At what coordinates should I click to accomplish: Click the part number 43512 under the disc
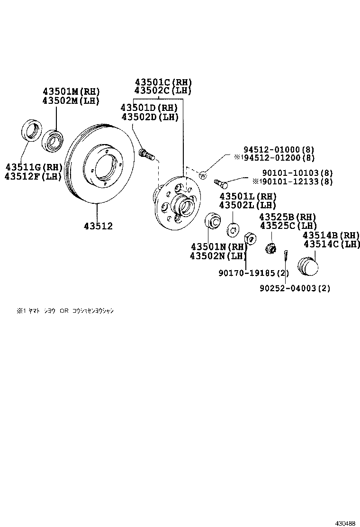[x=99, y=227]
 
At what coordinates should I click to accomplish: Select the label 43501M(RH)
[x=72, y=91]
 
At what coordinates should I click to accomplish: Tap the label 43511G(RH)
[x=34, y=167]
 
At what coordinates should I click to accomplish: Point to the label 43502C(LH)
[x=163, y=91]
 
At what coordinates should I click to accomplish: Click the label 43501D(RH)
[x=149, y=108]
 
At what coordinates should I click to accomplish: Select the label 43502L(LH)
[x=247, y=205]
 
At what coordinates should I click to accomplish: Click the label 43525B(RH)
[x=287, y=217]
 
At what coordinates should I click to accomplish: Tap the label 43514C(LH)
[x=332, y=244]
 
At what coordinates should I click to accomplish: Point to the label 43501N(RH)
[x=219, y=247]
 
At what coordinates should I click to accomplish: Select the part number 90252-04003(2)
[x=295, y=288]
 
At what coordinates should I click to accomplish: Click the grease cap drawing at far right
[x=307, y=265]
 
